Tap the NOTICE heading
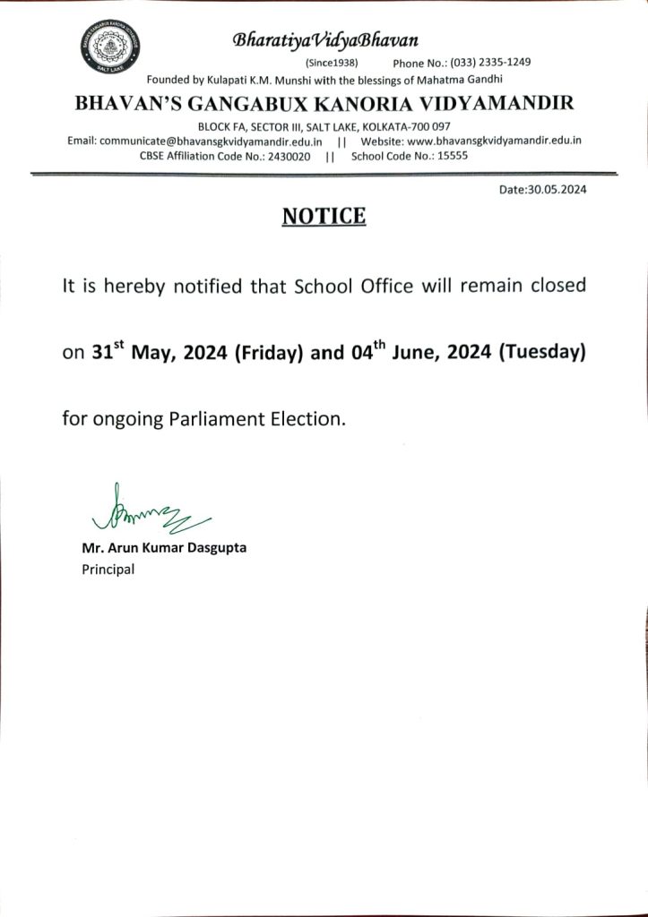324,216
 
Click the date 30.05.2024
564,190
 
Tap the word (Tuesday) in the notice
541,353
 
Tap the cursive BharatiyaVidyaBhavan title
324,40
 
